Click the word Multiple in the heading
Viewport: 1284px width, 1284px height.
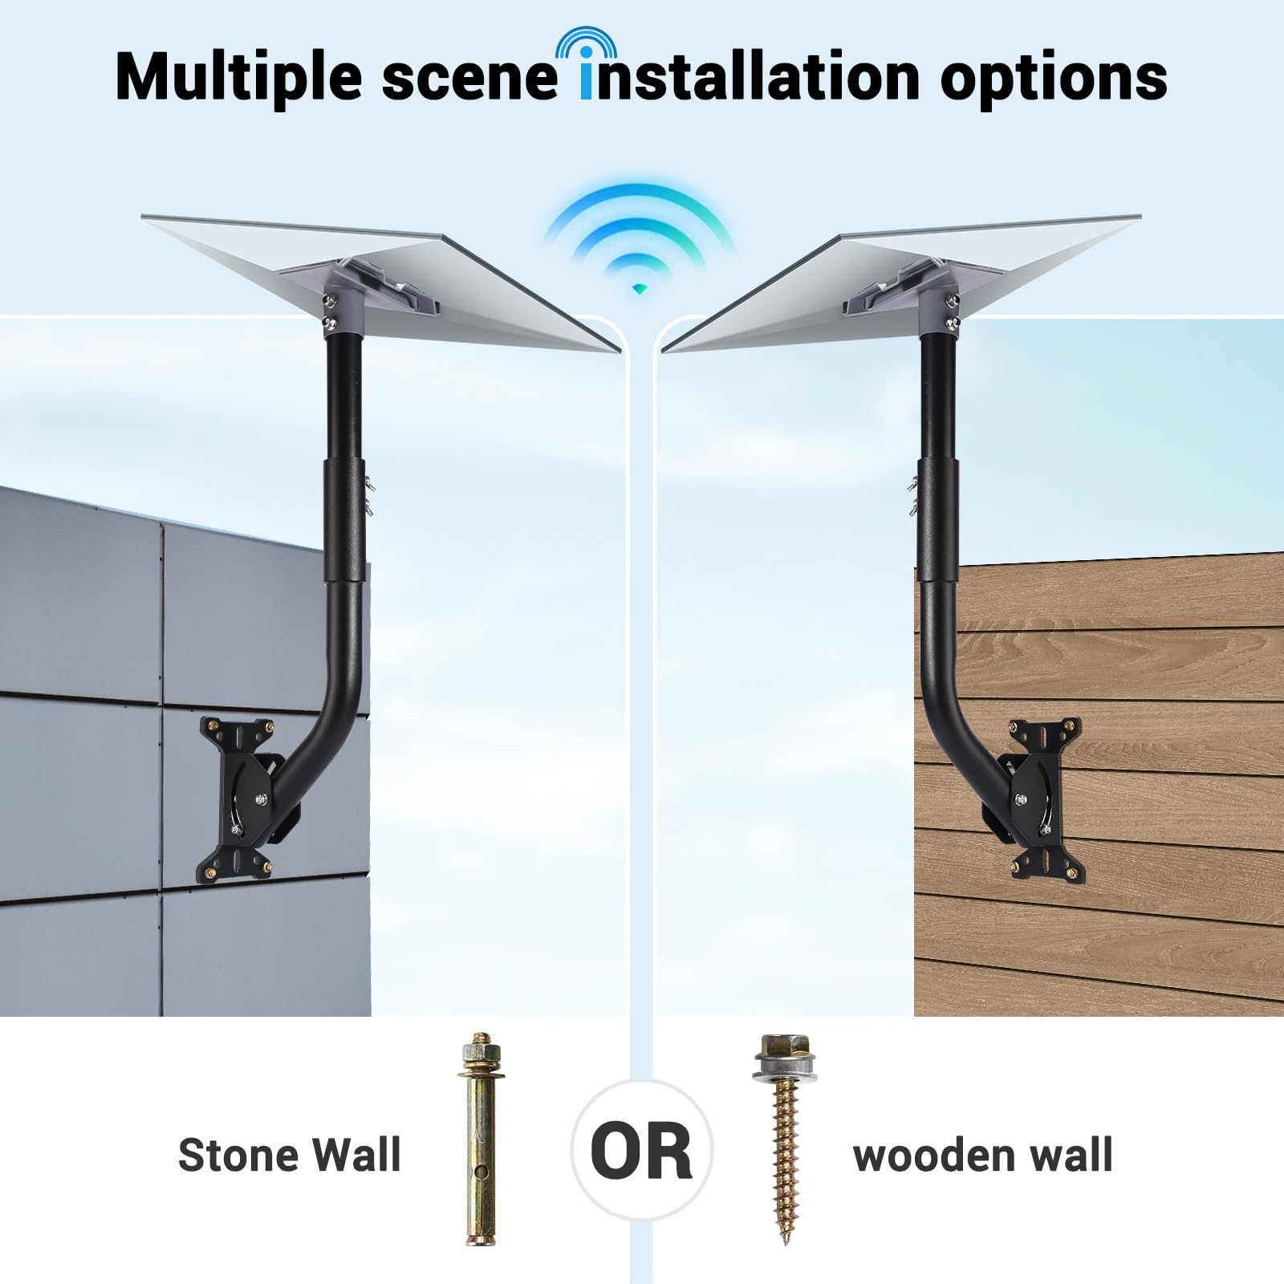point(238,77)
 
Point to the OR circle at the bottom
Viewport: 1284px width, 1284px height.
point(641,1151)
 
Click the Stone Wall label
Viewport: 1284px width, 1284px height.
point(289,1156)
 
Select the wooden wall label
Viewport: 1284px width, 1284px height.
point(982,1156)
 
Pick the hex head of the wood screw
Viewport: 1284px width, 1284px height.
point(783,1049)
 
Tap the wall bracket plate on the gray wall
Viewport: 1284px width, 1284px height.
point(236,799)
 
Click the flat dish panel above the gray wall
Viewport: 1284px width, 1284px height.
point(380,282)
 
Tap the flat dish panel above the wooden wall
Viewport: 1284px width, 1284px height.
point(901,282)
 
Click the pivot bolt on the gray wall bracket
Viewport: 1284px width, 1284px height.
point(262,798)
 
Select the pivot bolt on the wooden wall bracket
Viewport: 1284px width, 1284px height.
point(1021,798)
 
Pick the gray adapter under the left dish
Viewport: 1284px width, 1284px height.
point(345,301)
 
